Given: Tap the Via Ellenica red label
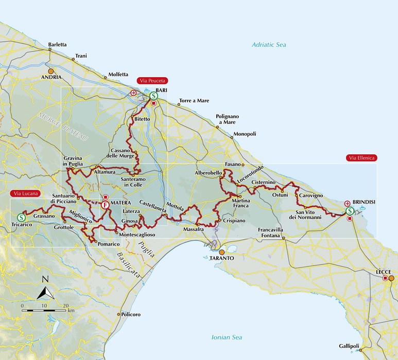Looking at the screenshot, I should (361, 158).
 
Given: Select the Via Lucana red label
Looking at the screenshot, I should (25, 193).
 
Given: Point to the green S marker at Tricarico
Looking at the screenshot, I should (21, 217).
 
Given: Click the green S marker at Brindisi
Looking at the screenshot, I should (350, 211).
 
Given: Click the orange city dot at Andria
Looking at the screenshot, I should (50, 71).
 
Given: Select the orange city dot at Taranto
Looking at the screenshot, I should (222, 253).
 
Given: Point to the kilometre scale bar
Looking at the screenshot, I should (44, 311).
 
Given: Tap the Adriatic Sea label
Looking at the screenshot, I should (268, 45).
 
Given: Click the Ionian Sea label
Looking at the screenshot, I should (227, 337).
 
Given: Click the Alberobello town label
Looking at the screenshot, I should (208, 173).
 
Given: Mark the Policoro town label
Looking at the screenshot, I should (130, 314).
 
